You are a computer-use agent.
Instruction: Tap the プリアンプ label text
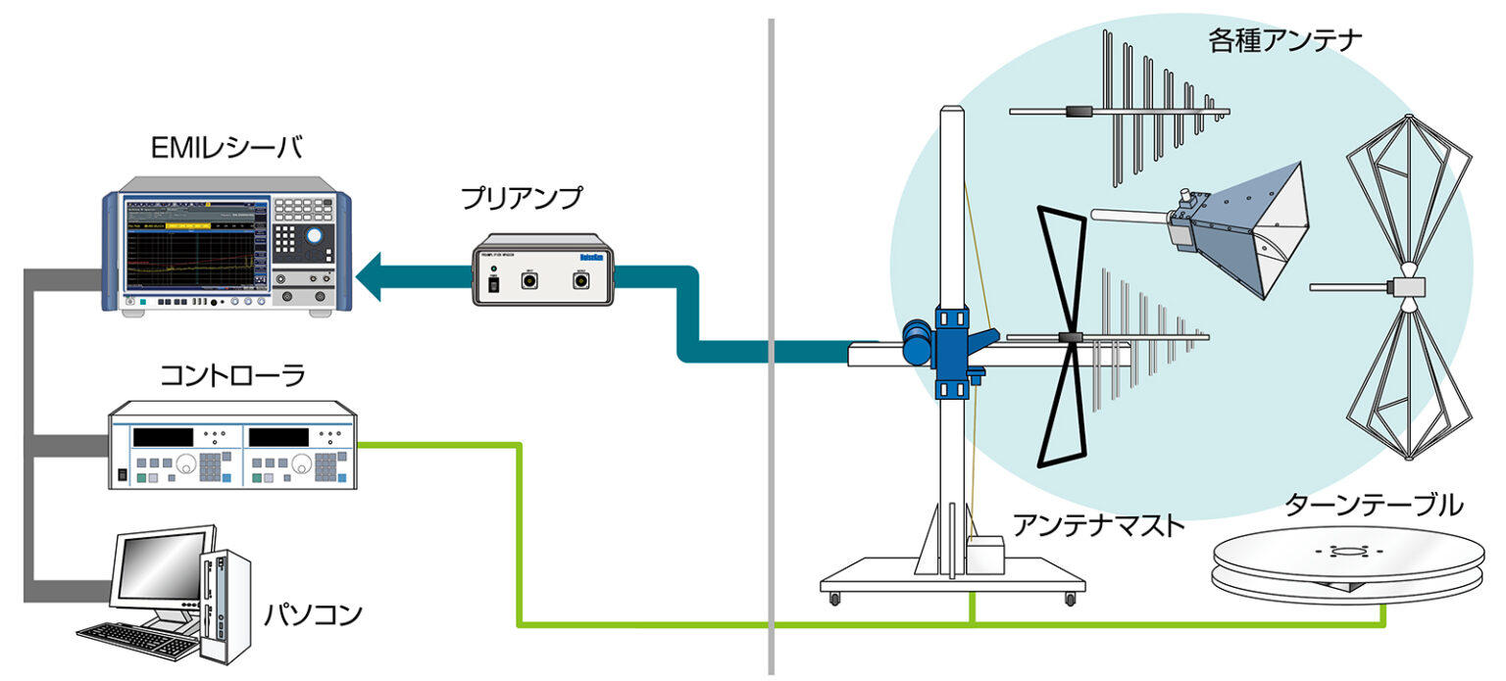(522, 198)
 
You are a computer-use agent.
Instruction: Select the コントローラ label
(231, 375)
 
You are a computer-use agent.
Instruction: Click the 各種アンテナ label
(1285, 41)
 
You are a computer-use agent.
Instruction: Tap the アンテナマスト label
(1099, 525)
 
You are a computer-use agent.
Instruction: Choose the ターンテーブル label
(1373, 506)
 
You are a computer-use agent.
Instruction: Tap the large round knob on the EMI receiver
(312, 236)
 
